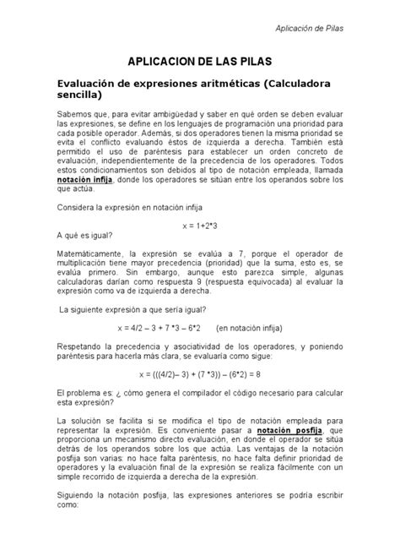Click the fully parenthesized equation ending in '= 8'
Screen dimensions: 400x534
click(x=199, y=373)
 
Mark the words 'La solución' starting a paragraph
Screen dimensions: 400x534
click(x=78, y=419)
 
